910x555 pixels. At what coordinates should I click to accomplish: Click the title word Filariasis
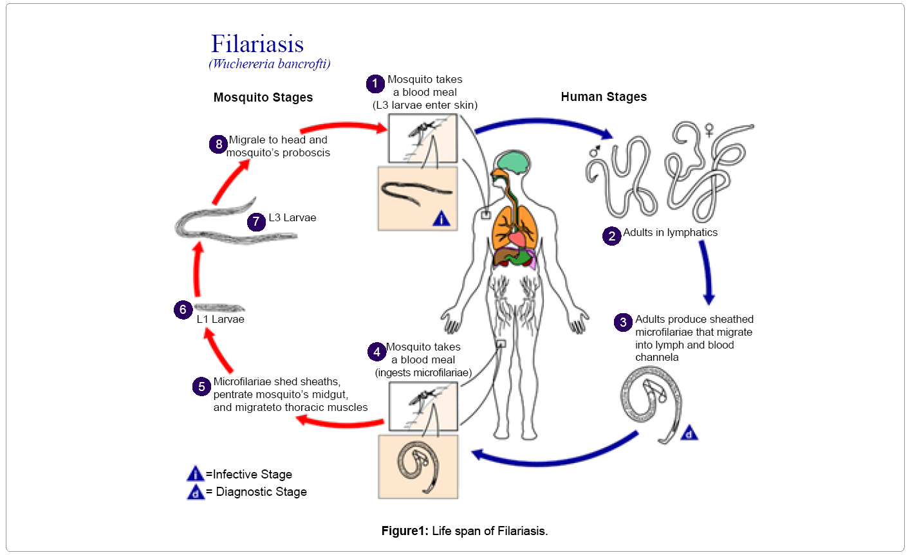(x=257, y=44)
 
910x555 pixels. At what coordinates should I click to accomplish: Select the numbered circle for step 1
(x=375, y=84)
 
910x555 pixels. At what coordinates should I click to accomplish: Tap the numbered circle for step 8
(x=219, y=144)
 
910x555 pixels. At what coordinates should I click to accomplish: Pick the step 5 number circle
(x=201, y=387)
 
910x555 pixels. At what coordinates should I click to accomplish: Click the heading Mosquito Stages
(x=263, y=97)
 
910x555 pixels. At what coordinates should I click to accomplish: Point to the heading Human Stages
(x=604, y=96)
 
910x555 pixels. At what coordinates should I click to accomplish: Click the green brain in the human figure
(x=510, y=161)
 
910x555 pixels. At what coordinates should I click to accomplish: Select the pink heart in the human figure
(x=517, y=239)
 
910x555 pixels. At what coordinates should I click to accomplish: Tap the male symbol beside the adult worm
(x=595, y=152)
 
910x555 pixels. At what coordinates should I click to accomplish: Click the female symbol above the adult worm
(x=709, y=131)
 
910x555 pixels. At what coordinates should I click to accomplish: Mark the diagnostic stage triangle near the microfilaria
(x=689, y=433)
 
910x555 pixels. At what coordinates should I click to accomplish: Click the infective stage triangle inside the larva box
(x=441, y=219)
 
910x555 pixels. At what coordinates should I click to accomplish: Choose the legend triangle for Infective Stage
(x=195, y=475)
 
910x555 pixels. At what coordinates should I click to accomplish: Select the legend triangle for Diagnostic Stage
(x=195, y=492)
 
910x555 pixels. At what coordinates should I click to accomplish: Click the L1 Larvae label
(x=220, y=319)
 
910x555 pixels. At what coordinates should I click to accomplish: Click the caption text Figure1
(x=404, y=531)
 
